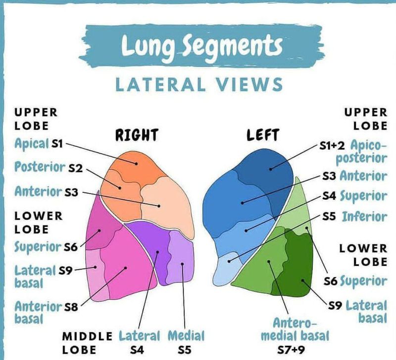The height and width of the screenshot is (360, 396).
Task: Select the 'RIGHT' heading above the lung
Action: (137, 135)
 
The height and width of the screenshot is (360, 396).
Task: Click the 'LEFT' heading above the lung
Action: (262, 135)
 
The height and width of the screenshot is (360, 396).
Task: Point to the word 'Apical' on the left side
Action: (32, 144)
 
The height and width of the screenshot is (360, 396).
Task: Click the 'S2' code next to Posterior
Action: (75, 168)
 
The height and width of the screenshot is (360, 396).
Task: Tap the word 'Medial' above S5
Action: (186, 336)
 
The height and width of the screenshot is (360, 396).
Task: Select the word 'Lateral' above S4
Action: (140, 336)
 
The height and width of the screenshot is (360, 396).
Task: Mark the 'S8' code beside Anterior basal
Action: (72, 307)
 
